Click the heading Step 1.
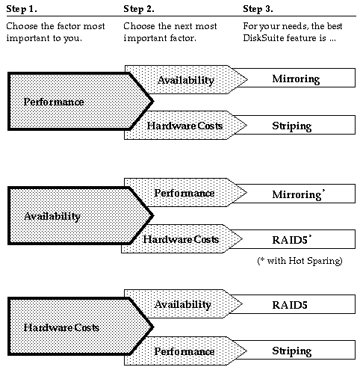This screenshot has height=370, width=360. (22, 9)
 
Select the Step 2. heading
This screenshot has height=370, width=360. (139, 9)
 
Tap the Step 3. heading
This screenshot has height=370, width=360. (258, 9)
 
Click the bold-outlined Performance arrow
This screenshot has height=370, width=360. (80, 102)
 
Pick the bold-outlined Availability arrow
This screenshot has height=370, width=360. (80, 216)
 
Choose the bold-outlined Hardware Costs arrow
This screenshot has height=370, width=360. (80, 327)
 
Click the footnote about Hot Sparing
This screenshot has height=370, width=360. (300, 261)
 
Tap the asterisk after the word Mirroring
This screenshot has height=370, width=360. (323, 191)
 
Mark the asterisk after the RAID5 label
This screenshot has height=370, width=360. (310, 236)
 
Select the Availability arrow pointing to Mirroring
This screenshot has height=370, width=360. (186, 80)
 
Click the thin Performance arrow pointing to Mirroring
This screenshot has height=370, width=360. (185, 193)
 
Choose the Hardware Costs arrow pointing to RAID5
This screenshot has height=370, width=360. (181, 239)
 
